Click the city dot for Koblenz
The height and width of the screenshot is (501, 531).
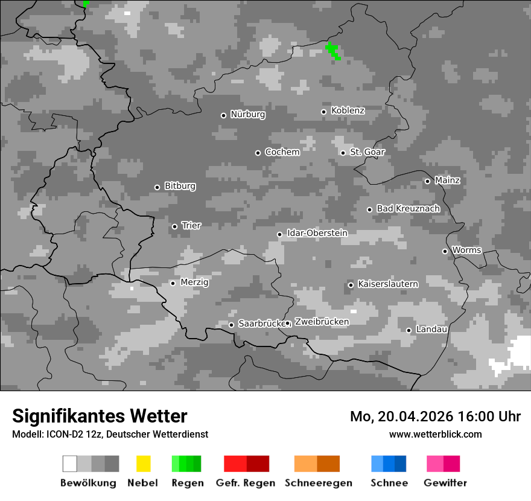[324, 112]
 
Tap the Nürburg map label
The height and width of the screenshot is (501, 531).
[247, 114]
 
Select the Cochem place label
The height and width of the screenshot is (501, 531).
[282, 152]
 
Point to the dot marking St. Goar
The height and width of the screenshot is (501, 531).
[343, 153]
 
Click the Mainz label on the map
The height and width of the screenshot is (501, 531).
[447, 180]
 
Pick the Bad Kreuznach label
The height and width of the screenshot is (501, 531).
[408, 208]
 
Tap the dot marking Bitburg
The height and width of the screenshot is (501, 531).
[157, 187]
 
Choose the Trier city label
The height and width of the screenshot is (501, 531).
[191, 226]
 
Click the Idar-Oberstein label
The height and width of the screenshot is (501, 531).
[317, 233]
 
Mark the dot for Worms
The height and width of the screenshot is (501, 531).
[445, 251]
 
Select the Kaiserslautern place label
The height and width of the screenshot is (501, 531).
[387, 284]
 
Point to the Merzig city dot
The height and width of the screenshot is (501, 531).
[173, 283]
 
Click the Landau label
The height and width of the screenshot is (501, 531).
[431, 330]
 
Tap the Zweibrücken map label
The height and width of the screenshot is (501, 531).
[322, 322]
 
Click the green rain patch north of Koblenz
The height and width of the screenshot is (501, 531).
[332, 50]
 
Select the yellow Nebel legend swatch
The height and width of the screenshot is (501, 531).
[144, 464]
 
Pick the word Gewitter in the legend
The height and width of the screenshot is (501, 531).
[445, 483]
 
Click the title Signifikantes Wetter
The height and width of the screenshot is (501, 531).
[100, 416]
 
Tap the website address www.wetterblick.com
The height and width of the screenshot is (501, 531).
[435, 434]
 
